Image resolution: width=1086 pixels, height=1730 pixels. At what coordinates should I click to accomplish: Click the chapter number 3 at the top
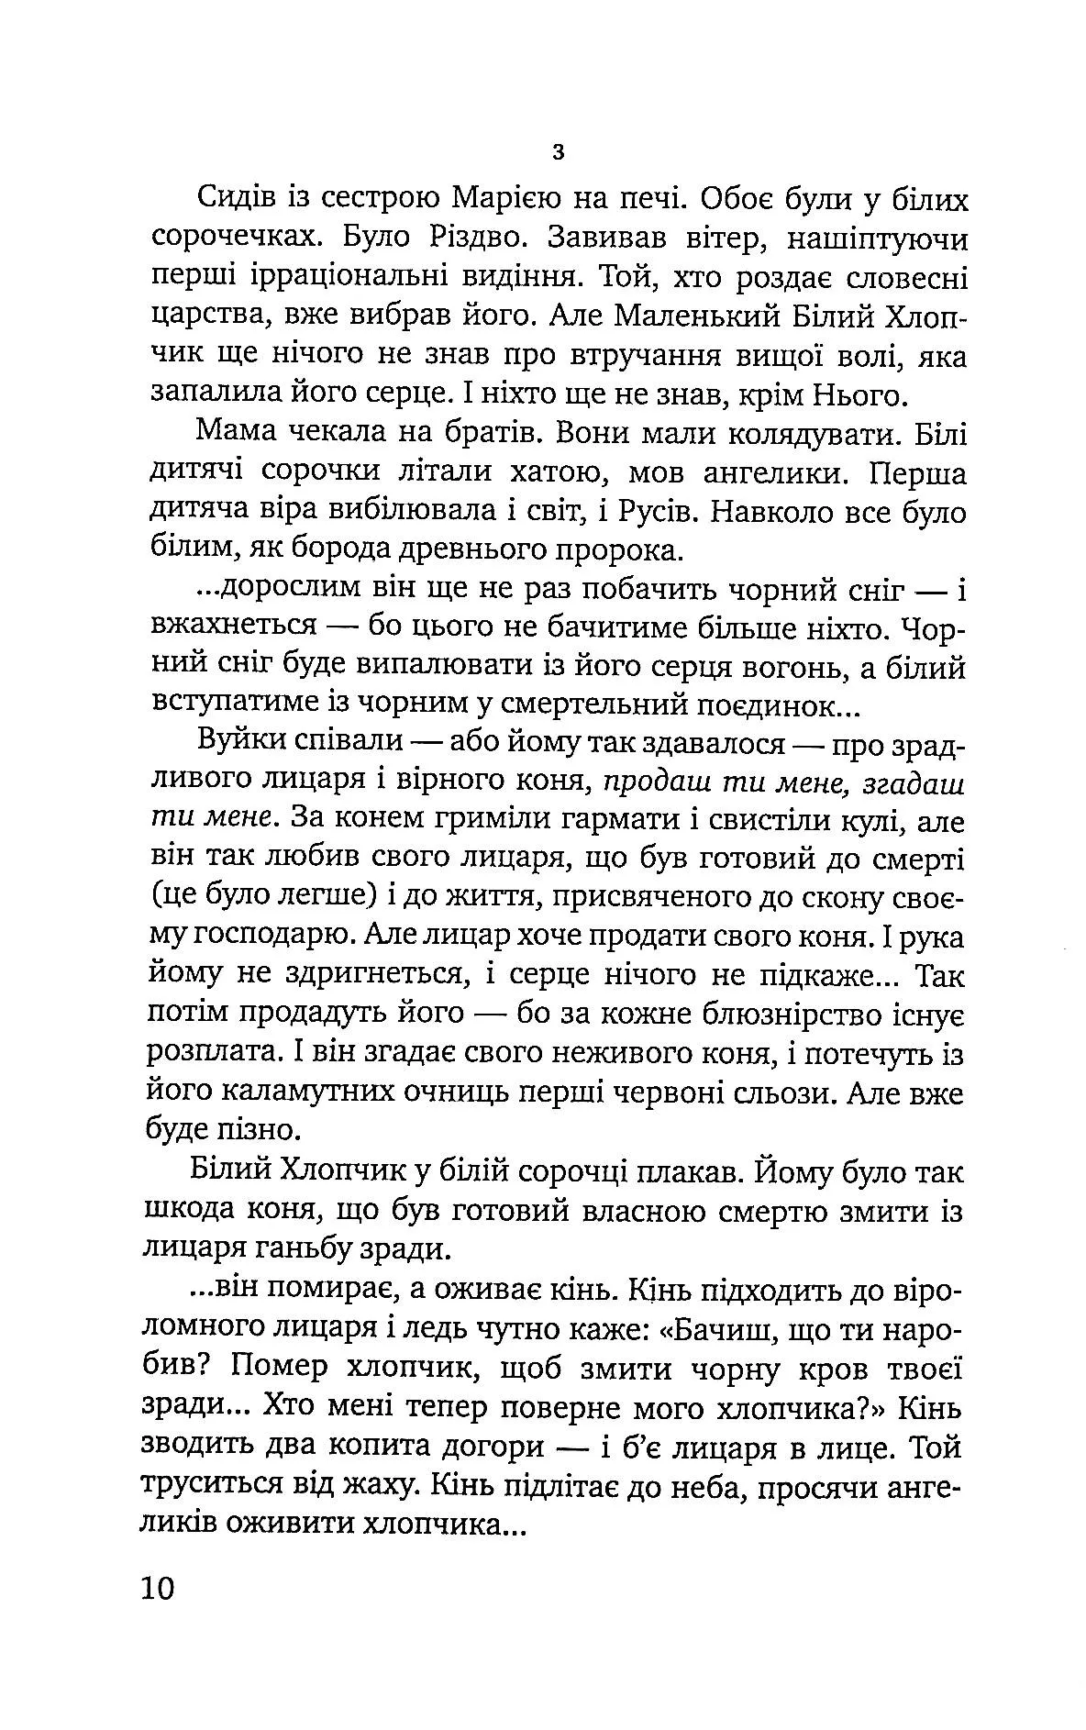pos(559,152)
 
